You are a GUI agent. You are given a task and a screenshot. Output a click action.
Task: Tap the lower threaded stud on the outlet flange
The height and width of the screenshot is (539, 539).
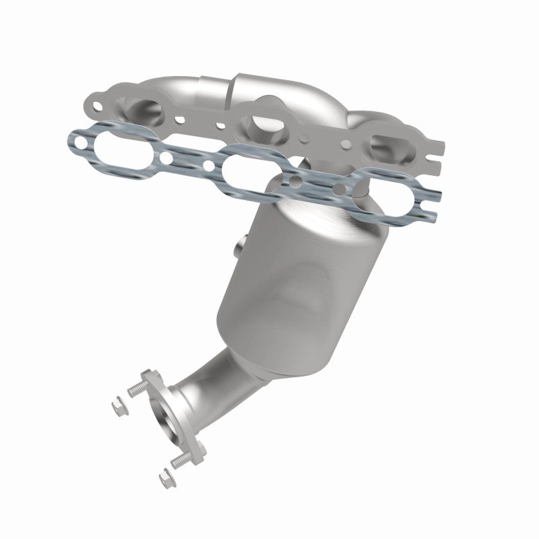click(x=180, y=461)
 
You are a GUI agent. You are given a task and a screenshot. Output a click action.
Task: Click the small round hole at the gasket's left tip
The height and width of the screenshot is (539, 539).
click(x=80, y=142)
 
